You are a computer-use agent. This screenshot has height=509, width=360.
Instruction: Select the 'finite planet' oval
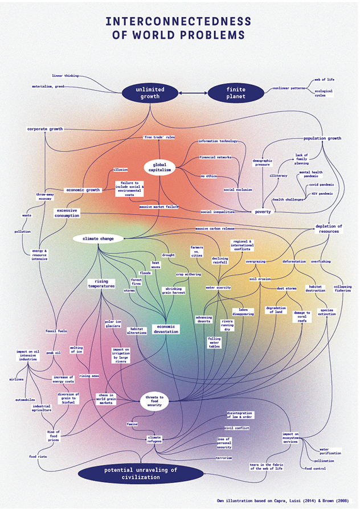point(236,93)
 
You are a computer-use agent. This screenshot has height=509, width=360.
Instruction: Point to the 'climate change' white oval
point(98,238)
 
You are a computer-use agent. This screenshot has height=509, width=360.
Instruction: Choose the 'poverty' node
point(263,211)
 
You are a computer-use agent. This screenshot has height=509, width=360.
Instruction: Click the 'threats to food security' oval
point(154,401)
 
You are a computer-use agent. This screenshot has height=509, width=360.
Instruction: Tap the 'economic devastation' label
point(166,329)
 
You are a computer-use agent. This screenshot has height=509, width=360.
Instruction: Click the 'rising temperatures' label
point(101,283)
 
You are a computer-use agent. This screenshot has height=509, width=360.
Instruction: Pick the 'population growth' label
point(322,138)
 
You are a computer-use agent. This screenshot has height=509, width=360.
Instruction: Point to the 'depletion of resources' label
point(328,228)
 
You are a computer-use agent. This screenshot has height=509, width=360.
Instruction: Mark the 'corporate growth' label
point(45,129)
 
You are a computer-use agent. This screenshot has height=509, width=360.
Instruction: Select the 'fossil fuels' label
point(56,331)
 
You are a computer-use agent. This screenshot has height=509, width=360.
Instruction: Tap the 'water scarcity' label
point(218,288)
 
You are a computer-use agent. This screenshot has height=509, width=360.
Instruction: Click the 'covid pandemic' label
point(321,184)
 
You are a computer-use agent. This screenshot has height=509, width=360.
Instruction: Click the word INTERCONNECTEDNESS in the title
point(178,22)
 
